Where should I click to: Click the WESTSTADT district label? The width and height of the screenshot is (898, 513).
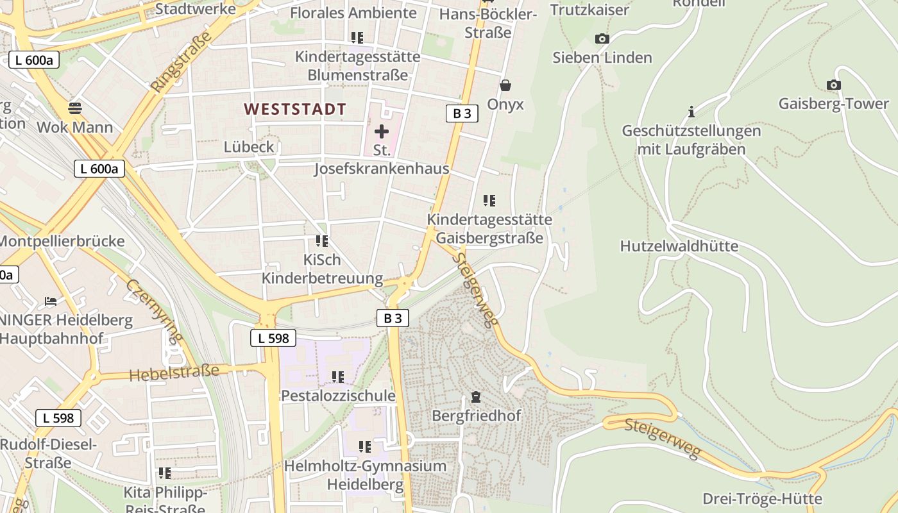[x=295, y=109]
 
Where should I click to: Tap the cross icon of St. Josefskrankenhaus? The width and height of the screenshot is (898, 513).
[x=382, y=131]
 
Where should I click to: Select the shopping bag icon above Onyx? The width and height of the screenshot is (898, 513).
[x=505, y=85]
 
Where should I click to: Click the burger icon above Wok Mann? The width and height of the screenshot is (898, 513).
[x=75, y=107]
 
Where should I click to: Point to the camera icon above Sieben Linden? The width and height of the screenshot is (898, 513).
[x=602, y=39]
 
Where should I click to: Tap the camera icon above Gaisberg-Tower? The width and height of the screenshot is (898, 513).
[x=833, y=85]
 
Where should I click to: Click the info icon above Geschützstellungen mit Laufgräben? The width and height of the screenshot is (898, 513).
[x=691, y=112]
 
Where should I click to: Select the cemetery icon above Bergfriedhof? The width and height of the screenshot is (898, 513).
[x=476, y=397]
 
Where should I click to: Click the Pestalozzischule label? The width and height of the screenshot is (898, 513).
[x=338, y=396]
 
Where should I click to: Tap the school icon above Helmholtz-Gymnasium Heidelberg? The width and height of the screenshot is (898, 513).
[x=365, y=446]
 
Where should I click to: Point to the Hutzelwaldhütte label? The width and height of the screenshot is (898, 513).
[x=679, y=246]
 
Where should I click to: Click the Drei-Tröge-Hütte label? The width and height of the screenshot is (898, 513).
[x=762, y=498]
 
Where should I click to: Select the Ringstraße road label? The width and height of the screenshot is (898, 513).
[x=181, y=62]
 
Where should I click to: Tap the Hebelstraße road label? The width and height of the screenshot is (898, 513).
[x=174, y=373]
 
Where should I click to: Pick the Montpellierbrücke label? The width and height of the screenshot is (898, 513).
[x=62, y=242]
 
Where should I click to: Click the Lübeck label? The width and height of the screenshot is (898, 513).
[x=249, y=147]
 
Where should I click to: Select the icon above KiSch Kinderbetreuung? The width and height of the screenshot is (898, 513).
[x=322, y=241]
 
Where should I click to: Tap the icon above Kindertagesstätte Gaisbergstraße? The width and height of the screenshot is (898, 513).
[x=489, y=201]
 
